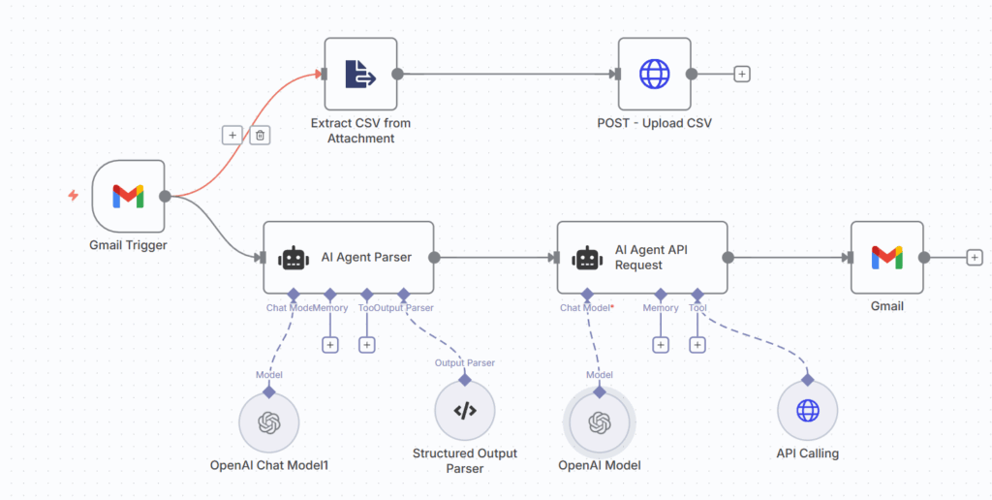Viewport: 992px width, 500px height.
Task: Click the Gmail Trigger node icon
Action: [128, 197]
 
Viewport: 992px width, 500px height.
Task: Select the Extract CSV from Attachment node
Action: [360, 74]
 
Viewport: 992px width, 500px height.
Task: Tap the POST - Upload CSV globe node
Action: [655, 74]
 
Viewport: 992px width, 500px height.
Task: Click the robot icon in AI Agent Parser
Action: [294, 258]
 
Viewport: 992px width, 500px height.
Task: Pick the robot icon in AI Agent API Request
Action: [587, 258]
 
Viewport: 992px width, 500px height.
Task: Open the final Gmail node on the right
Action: [886, 258]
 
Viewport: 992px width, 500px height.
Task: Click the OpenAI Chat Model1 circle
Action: [268, 422]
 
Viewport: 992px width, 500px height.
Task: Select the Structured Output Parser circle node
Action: [465, 411]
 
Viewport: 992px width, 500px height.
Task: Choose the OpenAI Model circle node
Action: [599, 422]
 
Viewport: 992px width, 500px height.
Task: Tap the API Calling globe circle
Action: [807, 411]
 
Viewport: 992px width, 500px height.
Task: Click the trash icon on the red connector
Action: [259, 136]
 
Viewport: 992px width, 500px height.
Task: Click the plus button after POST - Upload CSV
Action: [742, 74]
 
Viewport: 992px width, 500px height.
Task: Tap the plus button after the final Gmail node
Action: [974, 258]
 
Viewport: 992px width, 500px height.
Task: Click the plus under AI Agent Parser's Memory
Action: [330, 344]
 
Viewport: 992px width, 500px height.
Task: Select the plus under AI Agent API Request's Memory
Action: [661, 344]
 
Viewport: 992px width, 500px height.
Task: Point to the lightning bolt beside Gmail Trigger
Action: [73, 196]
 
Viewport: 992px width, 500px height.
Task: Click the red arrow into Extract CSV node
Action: [316, 73]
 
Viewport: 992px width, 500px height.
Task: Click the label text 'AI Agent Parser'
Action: [366, 258]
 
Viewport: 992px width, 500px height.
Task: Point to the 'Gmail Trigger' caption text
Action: [128, 245]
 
